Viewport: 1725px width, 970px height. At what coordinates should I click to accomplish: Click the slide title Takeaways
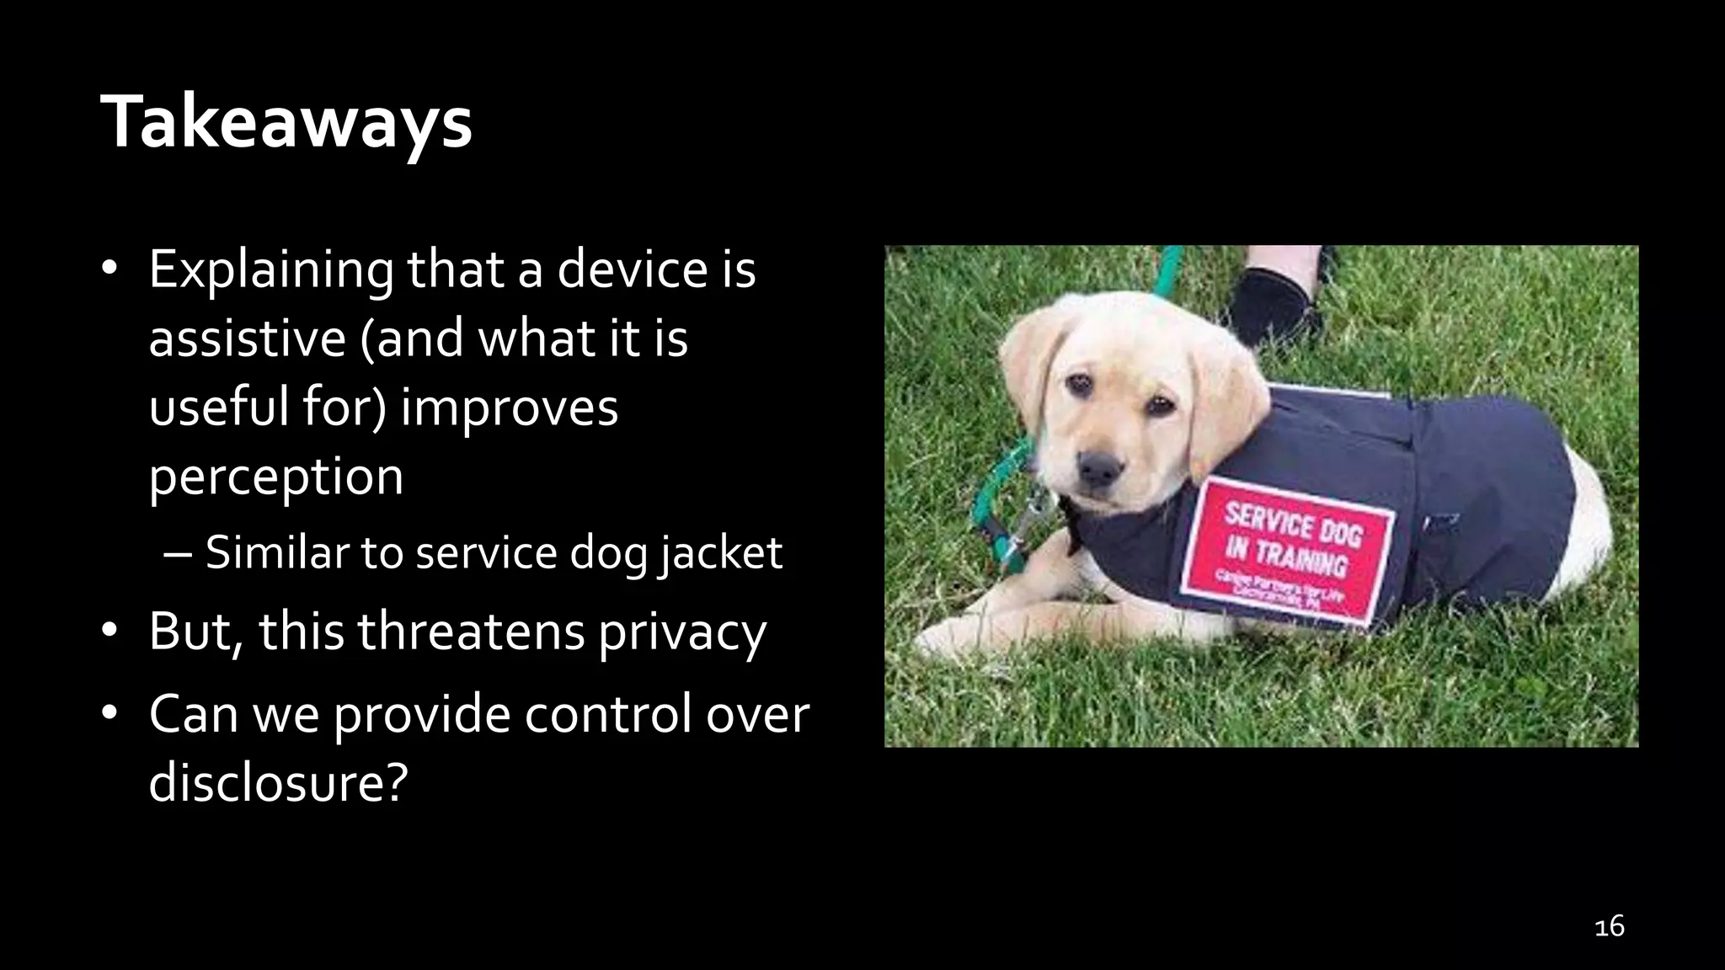click(x=286, y=123)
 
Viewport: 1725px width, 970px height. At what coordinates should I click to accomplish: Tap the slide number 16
click(x=1609, y=926)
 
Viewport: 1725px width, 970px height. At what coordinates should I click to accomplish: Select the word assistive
click(x=247, y=338)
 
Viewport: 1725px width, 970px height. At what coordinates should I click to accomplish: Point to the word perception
click(x=276, y=477)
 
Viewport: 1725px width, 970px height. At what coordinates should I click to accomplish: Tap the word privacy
click(x=682, y=632)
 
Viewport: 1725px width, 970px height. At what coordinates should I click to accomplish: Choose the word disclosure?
click(x=278, y=782)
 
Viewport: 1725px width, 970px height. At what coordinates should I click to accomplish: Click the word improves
click(x=510, y=408)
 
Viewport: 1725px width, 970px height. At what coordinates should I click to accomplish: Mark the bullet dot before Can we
click(x=109, y=714)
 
